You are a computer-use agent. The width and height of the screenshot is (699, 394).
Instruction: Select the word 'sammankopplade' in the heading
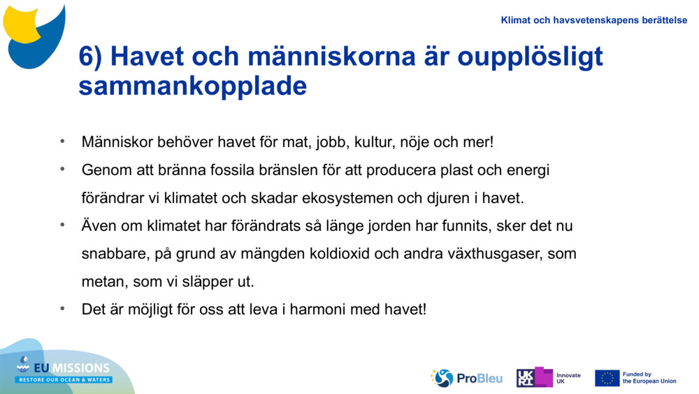[x=192, y=86]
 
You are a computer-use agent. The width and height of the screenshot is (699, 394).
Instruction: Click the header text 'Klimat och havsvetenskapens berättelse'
[x=593, y=20]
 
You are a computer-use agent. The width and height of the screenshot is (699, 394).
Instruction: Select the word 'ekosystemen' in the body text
[x=347, y=198]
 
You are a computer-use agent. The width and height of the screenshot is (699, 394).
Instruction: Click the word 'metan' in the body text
[x=100, y=281]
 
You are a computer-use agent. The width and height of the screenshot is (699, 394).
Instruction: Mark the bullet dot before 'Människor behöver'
[x=62, y=141]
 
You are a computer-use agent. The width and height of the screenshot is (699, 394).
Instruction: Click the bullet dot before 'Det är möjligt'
[x=62, y=308]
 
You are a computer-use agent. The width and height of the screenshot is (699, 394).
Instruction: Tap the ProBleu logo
[x=466, y=378]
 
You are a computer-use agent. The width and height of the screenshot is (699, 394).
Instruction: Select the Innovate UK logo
[x=548, y=378]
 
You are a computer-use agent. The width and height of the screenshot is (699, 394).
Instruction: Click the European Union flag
[x=607, y=378]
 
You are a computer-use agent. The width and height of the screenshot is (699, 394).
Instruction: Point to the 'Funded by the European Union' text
[x=649, y=378]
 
